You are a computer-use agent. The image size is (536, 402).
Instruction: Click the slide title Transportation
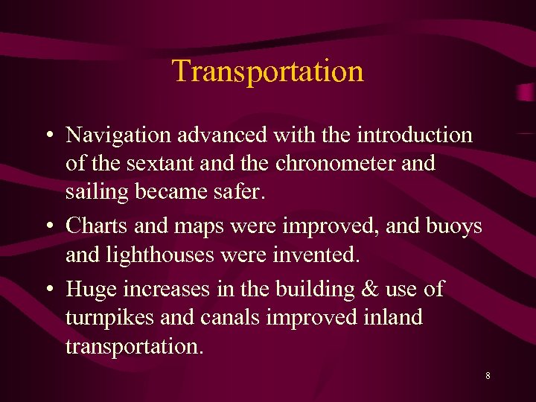(268, 71)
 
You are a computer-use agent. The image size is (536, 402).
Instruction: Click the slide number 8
(488, 376)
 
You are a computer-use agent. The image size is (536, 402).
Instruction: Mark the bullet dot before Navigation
(47, 135)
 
